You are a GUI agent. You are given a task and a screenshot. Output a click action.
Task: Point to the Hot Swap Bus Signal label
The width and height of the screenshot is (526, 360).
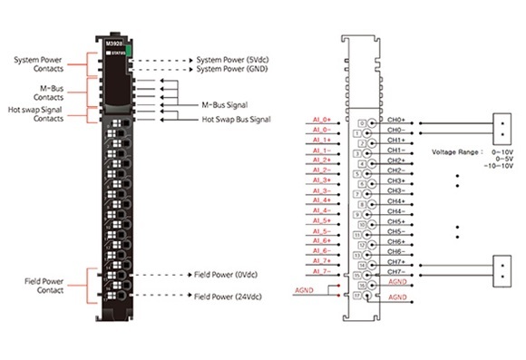click(x=236, y=119)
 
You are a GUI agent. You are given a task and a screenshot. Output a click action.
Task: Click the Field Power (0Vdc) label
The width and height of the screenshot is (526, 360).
click(x=227, y=274)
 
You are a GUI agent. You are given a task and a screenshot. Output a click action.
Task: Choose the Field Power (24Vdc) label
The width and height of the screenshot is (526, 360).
click(x=229, y=296)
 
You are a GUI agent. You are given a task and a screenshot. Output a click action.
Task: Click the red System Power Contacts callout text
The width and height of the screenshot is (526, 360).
click(x=38, y=64)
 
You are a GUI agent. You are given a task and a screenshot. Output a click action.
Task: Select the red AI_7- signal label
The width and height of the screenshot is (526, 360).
click(x=322, y=270)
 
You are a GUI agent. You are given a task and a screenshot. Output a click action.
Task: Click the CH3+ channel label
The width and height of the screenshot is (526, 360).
click(x=395, y=180)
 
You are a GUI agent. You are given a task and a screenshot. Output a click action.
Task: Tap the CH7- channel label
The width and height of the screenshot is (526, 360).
click(x=395, y=271)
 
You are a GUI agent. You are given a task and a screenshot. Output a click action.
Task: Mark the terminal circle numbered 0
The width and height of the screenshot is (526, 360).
click(x=362, y=122)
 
